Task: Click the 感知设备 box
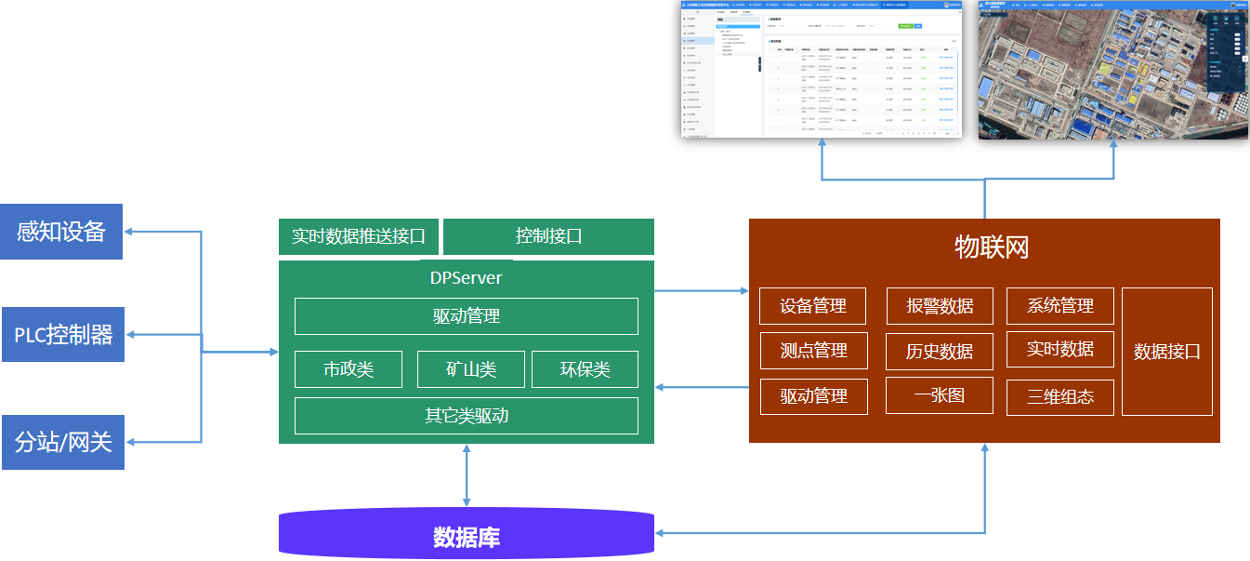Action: click(x=62, y=232)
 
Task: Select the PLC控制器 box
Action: click(x=62, y=335)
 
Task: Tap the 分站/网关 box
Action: click(x=62, y=442)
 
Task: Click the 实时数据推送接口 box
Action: click(x=359, y=236)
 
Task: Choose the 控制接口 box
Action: click(x=548, y=236)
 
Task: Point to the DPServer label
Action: click(x=467, y=277)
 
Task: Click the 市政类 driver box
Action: click(x=349, y=369)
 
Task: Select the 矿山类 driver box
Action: click(x=471, y=369)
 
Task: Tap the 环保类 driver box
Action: click(x=585, y=369)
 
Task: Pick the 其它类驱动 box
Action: click(x=467, y=416)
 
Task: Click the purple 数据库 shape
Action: click(x=467, y=536)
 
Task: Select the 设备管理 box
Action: click(x=813, y=306)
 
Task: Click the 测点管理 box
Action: click(x=813, y=351)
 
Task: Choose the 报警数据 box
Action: click(x=940, y=306)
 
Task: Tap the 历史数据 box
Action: click(x=940, y=352)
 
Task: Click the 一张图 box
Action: click(x=940, y=395)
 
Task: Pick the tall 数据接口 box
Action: click(x=1167, y=352)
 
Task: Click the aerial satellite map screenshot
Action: click(x=1113, y=70)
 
